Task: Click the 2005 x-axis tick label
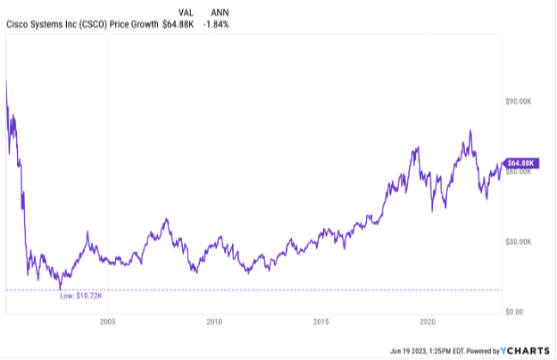pos(107,322)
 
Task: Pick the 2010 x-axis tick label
pos(214,322)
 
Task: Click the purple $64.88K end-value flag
pos(520,163)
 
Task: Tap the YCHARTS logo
pos(524,350)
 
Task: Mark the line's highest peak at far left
pos(6,81)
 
